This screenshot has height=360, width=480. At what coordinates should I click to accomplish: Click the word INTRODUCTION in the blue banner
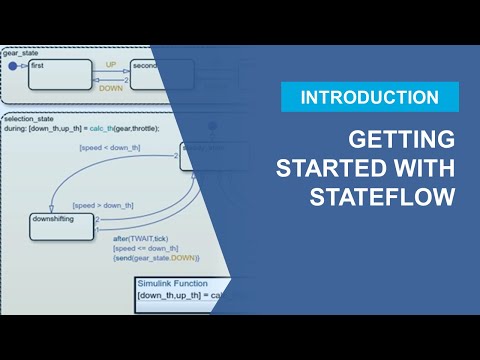pyautogui.click(x=369, y=97)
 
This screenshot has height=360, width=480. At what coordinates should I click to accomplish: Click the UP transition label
pyautogui.click(x=111, y=63)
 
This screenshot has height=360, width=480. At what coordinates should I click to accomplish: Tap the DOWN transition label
pyautogui.click(x=111, y=88)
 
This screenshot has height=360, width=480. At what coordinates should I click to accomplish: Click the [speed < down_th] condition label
pyautogui.click(x=109, y=149)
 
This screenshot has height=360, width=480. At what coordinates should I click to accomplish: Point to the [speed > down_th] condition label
pyautogui.click(x=102, y=205)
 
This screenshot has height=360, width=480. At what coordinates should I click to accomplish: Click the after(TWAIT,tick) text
pyautogui.click(x=143, y=240)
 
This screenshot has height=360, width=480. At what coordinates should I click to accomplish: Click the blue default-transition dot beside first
pyautogui.click(x=13, y=66)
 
